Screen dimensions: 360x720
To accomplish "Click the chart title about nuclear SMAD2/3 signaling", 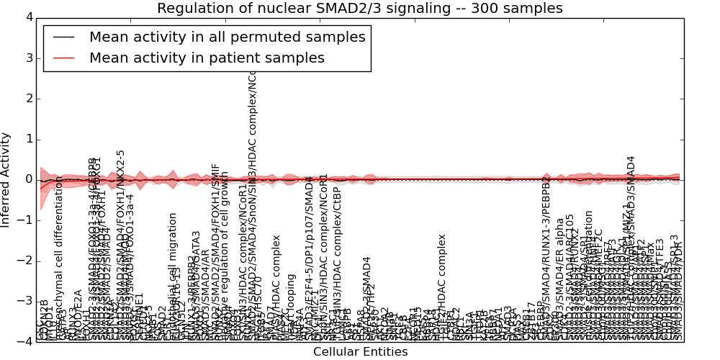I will point(359,9).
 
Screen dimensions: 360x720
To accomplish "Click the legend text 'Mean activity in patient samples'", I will point(207,58).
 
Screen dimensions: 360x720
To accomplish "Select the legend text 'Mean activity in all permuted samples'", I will point(227,37).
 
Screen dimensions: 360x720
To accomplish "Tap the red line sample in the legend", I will point(63,58).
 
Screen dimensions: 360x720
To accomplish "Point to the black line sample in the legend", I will point(63,37).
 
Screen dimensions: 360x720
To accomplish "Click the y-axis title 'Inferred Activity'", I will point(6,179).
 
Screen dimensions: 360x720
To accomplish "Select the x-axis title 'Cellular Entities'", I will point(360,351).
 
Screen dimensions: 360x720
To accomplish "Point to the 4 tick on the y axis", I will point(28,17).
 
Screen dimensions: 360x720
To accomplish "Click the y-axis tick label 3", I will point(28,58).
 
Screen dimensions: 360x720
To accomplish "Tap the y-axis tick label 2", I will point(28,99).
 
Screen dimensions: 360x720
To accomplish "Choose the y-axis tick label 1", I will point(28,139).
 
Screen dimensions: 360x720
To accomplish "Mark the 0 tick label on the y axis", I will point(28,179).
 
